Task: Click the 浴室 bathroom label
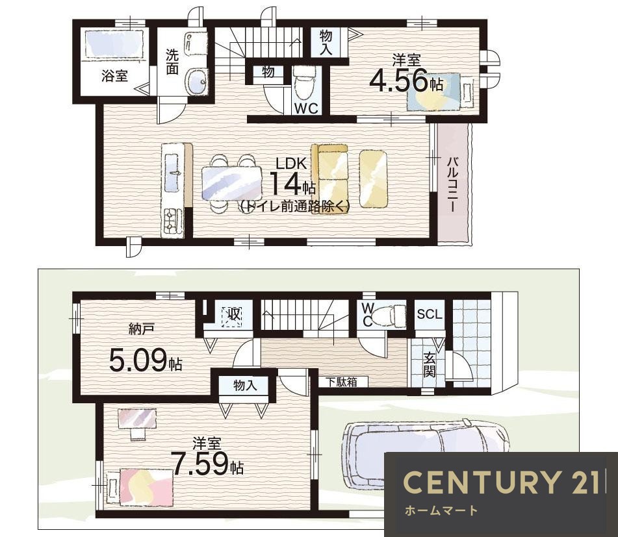coord(114,75)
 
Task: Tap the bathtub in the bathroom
coord(114,44)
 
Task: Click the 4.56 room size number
coord(398,81)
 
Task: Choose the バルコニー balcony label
coord(452,184)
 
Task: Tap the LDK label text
coord(291,163)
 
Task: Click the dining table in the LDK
coord(232,183)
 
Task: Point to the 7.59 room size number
coord(201,464)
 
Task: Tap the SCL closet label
coord(430,314)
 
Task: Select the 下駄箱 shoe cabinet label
coord(342,382)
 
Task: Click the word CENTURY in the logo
coord(481,482)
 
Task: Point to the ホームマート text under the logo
coord(441,510)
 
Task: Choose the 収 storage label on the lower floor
coord(233,315)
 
